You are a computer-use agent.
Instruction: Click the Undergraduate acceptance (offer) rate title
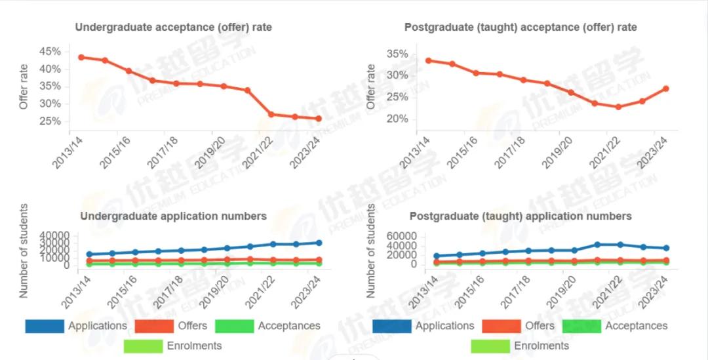[173, 28]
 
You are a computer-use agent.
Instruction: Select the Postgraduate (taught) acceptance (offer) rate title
[521, 28]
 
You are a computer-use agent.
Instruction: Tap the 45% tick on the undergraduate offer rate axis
[50, 52]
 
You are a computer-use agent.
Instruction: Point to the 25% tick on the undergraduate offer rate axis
[50, 121]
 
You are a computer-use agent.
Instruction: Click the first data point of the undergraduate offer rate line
[81, 57]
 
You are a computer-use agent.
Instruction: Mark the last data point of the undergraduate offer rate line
[319, 119]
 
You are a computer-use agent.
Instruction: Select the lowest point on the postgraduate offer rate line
[618, 107]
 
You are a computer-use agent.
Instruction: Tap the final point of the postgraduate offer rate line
[666, 89]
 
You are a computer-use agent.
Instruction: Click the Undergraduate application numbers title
[173, 216]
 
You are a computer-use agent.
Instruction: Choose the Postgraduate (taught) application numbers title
[521, 216]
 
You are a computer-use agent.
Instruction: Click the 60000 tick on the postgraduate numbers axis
[402, 236]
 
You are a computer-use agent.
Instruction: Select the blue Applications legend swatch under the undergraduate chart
[45, 326]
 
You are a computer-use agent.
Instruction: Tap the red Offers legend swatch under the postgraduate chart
[501, 326]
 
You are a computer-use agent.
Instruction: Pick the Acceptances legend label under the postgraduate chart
[636, 326]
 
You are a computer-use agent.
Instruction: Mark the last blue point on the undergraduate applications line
[319, 243]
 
